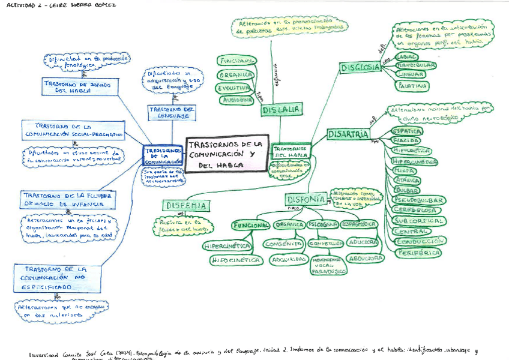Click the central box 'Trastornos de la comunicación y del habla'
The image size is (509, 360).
[x=226, y=153]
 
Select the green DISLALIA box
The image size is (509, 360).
[x=281, y=110]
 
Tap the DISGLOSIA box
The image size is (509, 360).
[x=360, y=67]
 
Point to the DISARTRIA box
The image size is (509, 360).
[x=348, y=134]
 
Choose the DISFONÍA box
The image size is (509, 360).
[x=306, y=199]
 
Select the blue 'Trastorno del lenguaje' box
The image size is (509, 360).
[x=172, y=113]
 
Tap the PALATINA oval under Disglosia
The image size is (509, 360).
[x=412, y=86]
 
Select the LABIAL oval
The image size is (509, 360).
[x=409, y=56]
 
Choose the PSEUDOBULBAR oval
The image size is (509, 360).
[x=420, y=200]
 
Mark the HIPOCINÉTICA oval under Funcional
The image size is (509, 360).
[x=235, y=260]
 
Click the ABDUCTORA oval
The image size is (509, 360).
[x=365, y=258]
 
